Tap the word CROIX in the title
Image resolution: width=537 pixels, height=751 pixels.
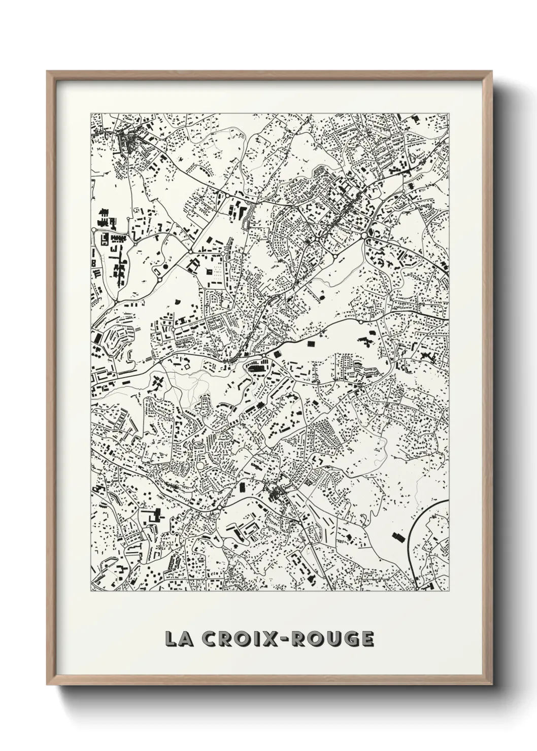[234, 639]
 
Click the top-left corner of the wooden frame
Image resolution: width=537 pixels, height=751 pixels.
[47, 72]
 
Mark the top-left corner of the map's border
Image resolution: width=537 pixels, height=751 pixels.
[90, 113]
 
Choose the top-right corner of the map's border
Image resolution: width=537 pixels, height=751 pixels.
[449, 113]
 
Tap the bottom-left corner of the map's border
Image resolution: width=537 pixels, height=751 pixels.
[90, 591]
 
